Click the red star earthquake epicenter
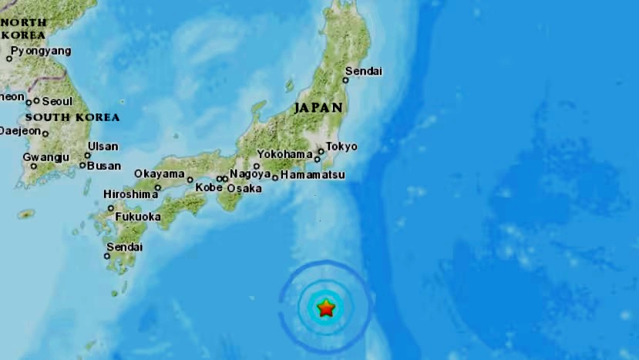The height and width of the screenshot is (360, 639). tap(326, 308)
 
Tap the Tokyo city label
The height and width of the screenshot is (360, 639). tap(341, 146)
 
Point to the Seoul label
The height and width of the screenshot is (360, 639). tap(57, 101)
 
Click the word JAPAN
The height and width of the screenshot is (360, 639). tap(318, 108)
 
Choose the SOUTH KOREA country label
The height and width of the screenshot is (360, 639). tap(72, 117)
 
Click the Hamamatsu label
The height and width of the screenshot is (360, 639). tap(312, 176)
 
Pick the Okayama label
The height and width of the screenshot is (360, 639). tap(159, 173)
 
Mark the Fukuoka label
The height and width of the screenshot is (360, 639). tap(138, 217)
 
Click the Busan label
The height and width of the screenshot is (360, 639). tap(104, 165)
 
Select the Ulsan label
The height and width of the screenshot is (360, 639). tap(103, 146)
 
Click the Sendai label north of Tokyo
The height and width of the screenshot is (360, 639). tap(364, 72)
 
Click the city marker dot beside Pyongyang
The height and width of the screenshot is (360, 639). tap(9, 59)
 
